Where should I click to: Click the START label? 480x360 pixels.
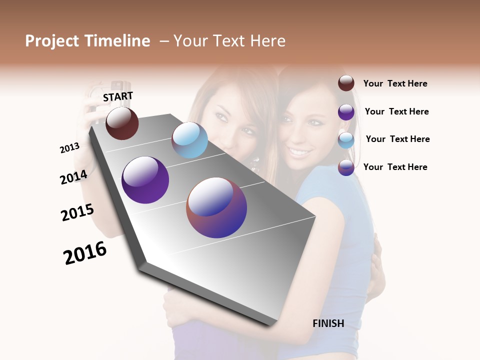[118, 96]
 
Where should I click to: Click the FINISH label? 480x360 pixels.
[328, 323]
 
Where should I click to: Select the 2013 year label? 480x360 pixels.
[69, 148]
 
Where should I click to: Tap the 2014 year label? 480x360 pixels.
[73, 177]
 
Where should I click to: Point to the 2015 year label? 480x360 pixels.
[77, 212]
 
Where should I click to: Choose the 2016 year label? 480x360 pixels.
[85, 253]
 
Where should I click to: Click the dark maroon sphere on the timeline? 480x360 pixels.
[122, 123]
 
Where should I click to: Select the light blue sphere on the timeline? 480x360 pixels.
[189, 140]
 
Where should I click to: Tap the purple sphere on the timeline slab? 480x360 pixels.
[145, 180]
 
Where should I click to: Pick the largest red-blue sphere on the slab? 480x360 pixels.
[216, 207]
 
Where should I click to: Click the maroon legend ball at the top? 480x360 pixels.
[346, 83]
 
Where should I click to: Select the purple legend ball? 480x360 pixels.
[346, 112]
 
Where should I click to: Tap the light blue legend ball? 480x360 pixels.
[346, 140]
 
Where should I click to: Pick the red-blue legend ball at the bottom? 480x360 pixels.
[346, 167]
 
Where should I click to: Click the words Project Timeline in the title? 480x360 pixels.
[87, 41]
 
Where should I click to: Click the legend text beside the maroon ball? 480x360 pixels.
[395, 84]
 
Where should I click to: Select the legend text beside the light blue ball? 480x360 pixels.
[397, 139]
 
